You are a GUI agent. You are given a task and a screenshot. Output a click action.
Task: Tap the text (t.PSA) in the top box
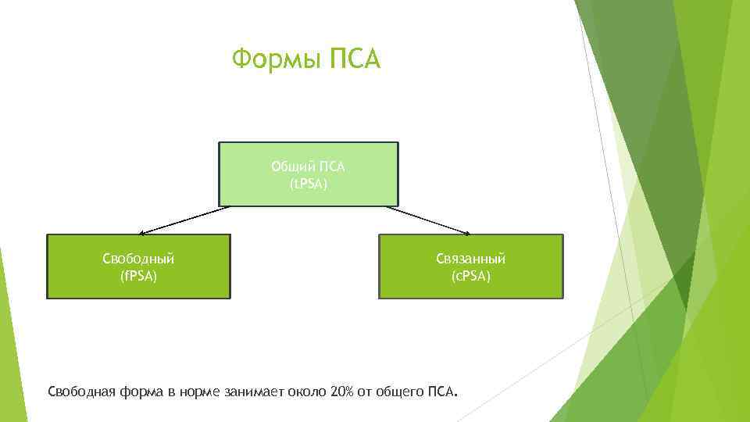coord(309,184)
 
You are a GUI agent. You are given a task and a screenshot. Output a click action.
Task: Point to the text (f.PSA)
coord(139,276)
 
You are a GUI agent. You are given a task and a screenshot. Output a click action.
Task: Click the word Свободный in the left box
coord(139,258)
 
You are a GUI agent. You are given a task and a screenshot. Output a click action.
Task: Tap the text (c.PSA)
coord(471,276)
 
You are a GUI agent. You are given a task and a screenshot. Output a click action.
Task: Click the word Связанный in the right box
coord(471,258)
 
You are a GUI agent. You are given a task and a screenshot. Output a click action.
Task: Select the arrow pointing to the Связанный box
coord(428,220)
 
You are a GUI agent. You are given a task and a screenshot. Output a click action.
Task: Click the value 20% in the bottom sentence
coord(342,391)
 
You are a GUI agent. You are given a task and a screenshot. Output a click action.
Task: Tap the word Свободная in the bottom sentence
coord(82,391)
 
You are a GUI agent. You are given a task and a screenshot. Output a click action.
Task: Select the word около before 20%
coord(309,391)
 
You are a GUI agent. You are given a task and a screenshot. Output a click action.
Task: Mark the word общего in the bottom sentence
coord(400,391)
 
